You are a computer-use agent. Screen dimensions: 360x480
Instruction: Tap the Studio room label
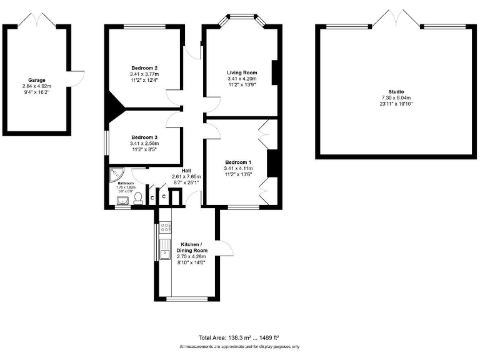pyautogui.click(x=396, y=91)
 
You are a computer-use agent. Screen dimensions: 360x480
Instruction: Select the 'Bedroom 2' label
pyautogui.click(x=144, y=67)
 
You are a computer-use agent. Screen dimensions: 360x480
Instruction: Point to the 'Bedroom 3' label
pyautogui.click(x=144, y=137)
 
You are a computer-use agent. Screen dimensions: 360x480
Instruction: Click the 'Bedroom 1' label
pyautogui.click(x=238, y=162)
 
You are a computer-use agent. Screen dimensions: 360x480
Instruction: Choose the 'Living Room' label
pyautogui.click(x=242, y=72)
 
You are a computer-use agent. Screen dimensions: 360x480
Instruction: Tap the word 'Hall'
pyautogui.click(x=186, y=171)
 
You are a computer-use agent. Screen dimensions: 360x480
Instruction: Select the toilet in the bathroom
pyautogui.click(x=138, y=197)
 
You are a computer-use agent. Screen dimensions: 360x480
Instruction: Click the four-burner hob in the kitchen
pyautogui.click(x=165, y=229)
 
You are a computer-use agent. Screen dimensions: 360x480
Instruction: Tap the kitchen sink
pyautogui.click(x=165, y=252)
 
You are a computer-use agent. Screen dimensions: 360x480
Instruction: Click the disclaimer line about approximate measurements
pyautogui.click(x=239, y=346)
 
